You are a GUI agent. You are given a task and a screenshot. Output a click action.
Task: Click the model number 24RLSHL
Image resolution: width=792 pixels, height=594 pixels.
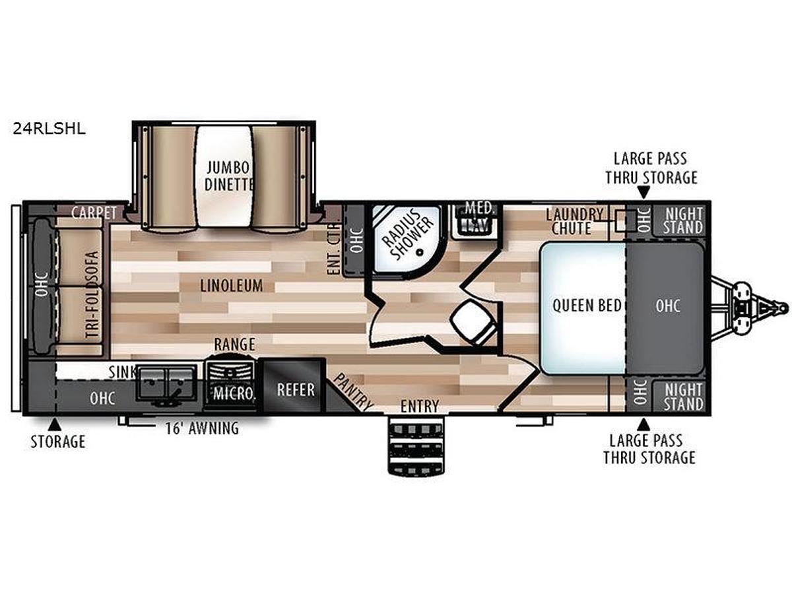pos(49,129)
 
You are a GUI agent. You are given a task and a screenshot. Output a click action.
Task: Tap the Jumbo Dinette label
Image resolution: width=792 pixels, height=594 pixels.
pos(228,176)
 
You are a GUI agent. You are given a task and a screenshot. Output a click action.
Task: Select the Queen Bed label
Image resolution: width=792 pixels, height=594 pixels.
pos(587,306)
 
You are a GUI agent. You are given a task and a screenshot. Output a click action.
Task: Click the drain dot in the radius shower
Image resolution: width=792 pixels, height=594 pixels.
pos(419,253)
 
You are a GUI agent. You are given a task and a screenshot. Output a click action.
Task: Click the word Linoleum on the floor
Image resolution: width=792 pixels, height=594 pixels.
pos(232,286)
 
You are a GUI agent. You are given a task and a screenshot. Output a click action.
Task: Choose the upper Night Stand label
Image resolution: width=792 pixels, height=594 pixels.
pos(683,220)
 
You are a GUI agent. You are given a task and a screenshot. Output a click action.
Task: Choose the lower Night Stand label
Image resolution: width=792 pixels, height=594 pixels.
pos(683,397)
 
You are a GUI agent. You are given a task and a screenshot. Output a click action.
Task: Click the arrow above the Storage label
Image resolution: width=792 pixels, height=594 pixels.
pos(55,424)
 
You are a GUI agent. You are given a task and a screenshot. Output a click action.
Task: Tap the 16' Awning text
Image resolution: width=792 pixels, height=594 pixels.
pos(202,428)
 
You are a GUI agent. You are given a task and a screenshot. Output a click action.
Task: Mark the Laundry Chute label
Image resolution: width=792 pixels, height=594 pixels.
pos(574,221)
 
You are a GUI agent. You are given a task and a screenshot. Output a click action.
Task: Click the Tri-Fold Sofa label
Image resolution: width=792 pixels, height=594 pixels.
pos(92,295)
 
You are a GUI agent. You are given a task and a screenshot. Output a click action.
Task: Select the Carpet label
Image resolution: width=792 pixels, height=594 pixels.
pos(94,213)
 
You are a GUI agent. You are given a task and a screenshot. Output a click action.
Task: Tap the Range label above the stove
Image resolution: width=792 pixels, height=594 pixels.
pos(234,344)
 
